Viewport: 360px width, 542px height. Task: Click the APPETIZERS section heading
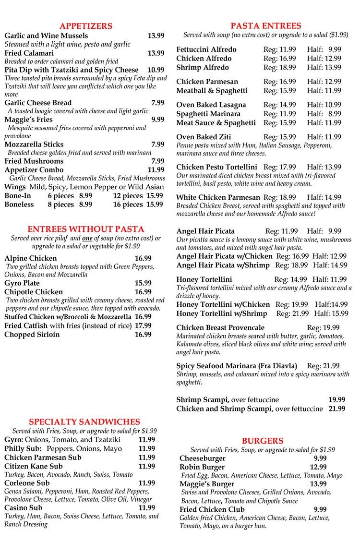click(x=86, y=26)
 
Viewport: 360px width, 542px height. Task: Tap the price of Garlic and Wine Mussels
click(x=156, y=36)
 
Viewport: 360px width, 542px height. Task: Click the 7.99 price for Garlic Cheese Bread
click(x=157, y=103)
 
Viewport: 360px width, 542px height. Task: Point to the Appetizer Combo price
click(x=156, y=169)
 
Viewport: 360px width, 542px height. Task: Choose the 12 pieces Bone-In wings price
click(x=154, y=196)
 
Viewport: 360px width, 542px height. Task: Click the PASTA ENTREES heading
click(x=265, y=26)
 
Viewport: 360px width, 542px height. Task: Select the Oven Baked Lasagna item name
click(x=211, y=105)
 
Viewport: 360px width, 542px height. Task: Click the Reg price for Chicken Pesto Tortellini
click(x=280, y=167)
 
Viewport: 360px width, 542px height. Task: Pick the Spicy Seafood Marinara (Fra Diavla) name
click(x=237, y=366)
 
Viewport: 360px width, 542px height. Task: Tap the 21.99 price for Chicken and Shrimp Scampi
click(x=336, y=409)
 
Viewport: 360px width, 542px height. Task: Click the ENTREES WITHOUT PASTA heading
click(x=86, y=229)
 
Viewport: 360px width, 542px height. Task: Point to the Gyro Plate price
click(x=143, y=283)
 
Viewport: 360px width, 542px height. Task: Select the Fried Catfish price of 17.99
click(x=143, y=325)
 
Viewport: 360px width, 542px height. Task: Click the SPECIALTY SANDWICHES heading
click(x=84, y=422)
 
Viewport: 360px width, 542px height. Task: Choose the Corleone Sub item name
click(x=27, y=483)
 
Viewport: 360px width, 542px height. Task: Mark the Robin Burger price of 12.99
click(x=318, y=467)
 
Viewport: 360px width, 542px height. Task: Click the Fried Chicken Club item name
click(x=212, y=509)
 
